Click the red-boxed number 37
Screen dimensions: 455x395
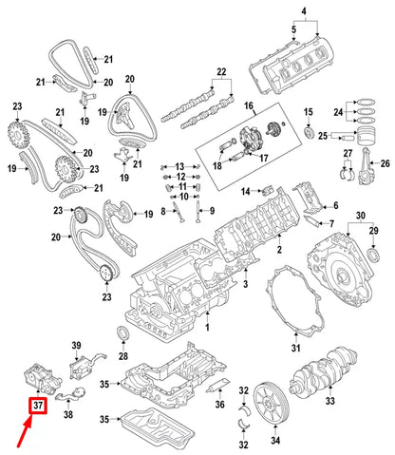[38, 408]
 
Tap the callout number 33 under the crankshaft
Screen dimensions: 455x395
[331, 402]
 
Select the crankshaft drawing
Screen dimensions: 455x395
[329, 366]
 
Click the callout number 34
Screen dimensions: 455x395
[276, 440]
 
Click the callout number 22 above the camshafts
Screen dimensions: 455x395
[222, 72]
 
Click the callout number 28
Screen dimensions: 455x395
[122, 356]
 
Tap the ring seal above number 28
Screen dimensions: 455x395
[120, 331]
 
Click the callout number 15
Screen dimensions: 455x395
[307, 115]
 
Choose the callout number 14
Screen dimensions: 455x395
[243, 193]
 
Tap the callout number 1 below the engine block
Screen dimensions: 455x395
[207, 328]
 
